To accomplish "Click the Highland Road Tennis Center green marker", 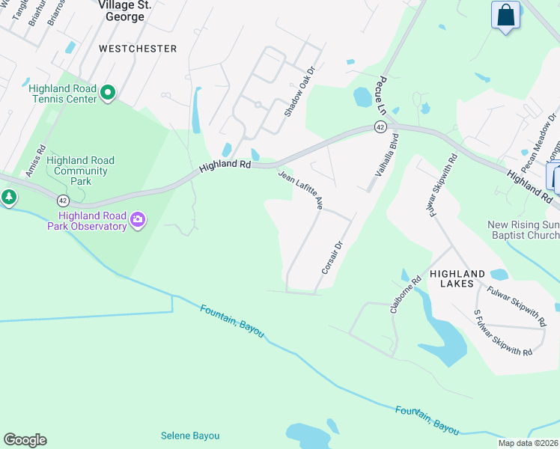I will coord(107,94).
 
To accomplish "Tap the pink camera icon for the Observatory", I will coord(137,219).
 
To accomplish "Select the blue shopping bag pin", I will coord(505,15).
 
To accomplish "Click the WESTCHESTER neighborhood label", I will coord(138,49).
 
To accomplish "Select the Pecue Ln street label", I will coord(382,95).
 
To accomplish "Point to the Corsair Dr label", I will coord(331,257).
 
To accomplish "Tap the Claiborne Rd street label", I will coord(406,294).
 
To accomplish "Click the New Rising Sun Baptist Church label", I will coord(523,230).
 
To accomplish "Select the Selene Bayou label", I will coord(191,436).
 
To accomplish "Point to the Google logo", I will coord(25,440).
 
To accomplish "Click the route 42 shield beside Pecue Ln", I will coord(381,128).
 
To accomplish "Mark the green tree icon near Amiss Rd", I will coord(9,198).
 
